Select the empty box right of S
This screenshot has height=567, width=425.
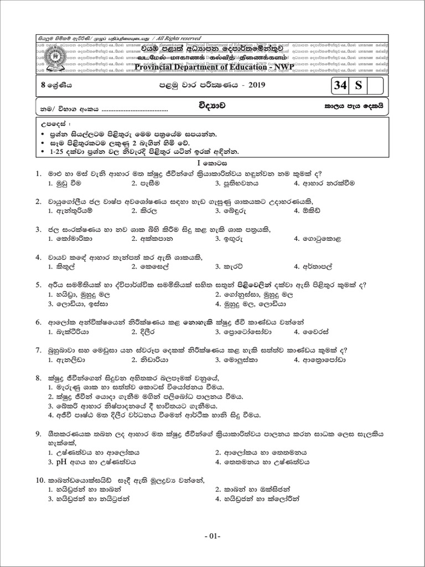click(375, 86)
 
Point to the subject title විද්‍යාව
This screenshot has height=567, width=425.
click(212, 104)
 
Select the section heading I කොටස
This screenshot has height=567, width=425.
click(212, 163)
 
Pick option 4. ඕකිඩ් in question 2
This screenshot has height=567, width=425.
click(307, 210)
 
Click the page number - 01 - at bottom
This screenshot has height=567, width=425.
click(212, 537)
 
